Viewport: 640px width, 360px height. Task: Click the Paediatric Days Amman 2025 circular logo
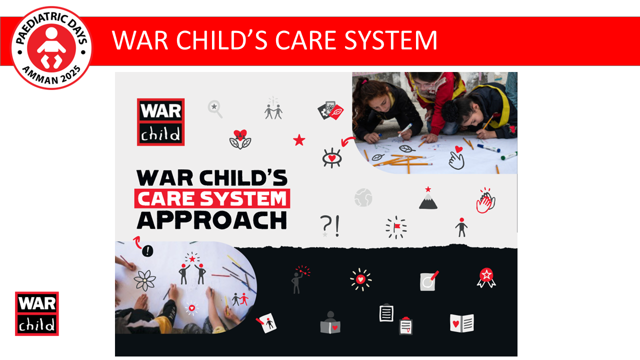51,49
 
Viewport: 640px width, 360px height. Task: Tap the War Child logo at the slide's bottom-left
37,313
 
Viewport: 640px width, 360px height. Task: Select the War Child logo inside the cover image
160,122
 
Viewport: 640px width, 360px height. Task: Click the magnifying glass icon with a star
215,108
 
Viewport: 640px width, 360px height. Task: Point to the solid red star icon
299,140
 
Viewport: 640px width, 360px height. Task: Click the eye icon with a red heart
331,157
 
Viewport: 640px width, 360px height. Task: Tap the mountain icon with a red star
428,198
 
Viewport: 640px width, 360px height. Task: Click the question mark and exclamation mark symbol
330,225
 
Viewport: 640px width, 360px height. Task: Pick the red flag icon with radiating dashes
396,227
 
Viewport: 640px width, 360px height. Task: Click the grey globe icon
363,197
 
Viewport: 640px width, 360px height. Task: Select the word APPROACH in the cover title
212,220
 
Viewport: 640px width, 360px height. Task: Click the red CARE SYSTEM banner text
212,199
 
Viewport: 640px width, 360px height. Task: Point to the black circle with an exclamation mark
147,251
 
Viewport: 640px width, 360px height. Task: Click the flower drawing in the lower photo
145,280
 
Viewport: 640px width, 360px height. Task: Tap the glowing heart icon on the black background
360,279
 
